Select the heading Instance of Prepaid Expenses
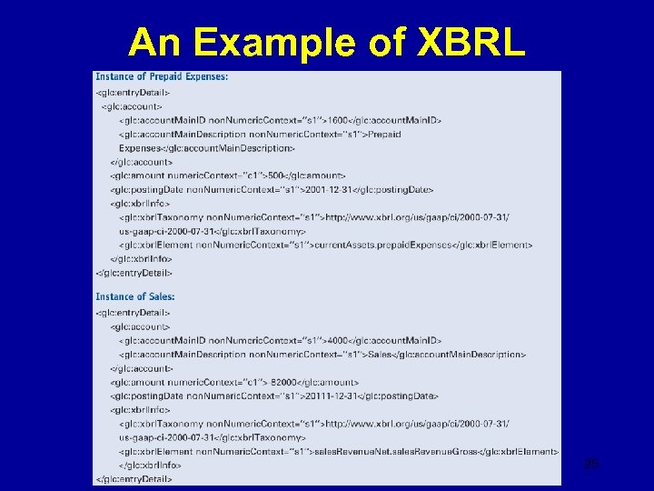(162, 76)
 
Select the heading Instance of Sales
(135, 296)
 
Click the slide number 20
(591, 466)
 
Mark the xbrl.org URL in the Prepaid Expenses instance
(418, 217)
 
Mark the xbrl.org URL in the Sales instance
(418, 424)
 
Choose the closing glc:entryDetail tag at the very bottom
(134, 478)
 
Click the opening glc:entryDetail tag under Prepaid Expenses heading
(133, 93)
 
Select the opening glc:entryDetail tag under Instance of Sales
(133, 313)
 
